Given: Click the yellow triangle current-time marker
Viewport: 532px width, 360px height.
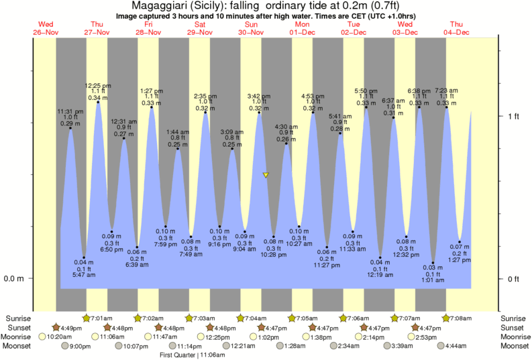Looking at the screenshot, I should pyautogui.click(x=266, y=175).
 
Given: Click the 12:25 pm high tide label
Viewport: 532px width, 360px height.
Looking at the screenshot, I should pyautogui.click(x=97, y=86).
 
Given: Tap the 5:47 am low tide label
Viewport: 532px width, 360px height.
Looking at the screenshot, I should pyautogui.click(x=84, y=275).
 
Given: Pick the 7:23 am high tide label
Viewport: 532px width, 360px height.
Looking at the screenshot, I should pyautogui.click(x=447, y=90).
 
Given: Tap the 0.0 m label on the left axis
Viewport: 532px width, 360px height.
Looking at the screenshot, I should pyautogui.click(x=15, y=279).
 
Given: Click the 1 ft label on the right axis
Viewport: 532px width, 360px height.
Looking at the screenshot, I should pyautogui.click(x=513, y=116).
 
